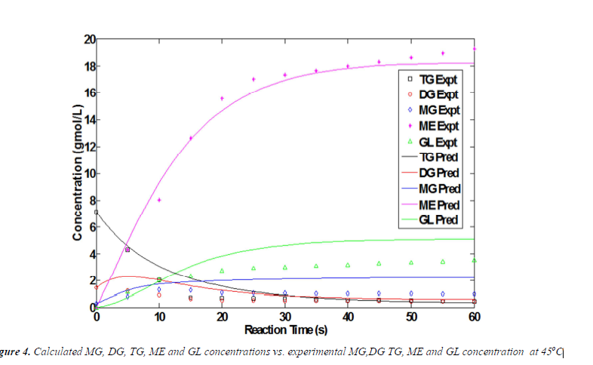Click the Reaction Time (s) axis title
pyautogui.click(x=284, y=330)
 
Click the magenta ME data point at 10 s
pyautogui.click(x=159, y=200)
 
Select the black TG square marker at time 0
pyautogui.click(x=97, y=212)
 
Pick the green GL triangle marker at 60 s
pyautogui.click(x=473, y=260)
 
